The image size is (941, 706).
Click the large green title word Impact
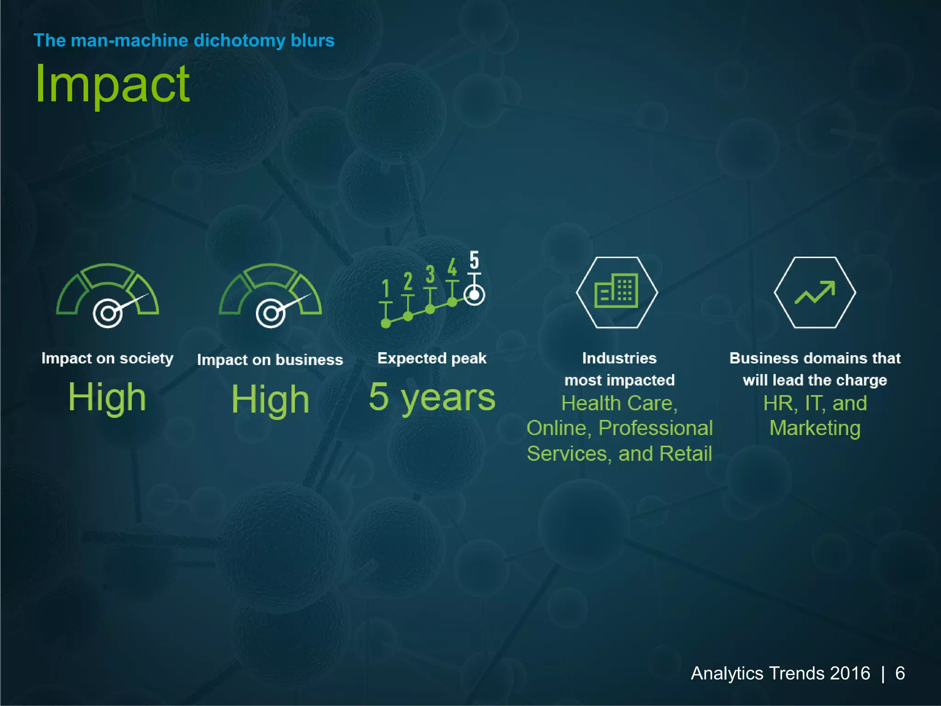[112, 85]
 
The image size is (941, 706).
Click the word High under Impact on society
[107, 397]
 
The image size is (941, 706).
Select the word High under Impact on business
[270, 399]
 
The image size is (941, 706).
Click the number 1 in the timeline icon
[386, 289]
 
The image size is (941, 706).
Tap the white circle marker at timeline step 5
[474, 295]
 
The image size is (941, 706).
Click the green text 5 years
[432, 397]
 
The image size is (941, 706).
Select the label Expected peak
[431, 358]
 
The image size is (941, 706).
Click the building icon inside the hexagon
[617, 291]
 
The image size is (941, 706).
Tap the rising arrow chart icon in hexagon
[815, 292]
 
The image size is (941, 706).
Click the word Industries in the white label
[619, 358]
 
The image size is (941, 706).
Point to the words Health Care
[618, 403]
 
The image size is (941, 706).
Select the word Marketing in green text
[815, 428]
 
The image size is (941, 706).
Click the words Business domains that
[815, 358]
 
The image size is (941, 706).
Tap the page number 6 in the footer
[900, 673]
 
